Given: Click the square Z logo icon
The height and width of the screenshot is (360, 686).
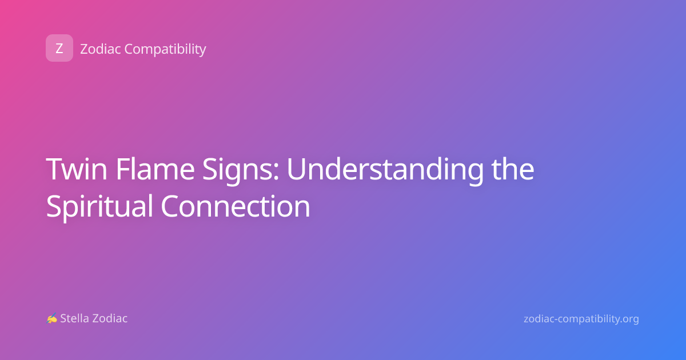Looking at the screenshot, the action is point(59,48).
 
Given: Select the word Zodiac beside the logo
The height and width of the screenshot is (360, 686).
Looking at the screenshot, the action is point(101,49).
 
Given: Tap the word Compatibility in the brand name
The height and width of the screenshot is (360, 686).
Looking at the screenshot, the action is point(165,50).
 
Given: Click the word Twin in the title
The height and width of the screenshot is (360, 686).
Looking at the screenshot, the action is point(77,169).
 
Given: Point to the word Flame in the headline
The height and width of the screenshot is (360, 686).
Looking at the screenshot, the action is point(155,169).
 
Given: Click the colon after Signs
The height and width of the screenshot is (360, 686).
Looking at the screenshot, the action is point(276,172).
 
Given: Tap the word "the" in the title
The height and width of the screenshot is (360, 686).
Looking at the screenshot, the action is point(513,169).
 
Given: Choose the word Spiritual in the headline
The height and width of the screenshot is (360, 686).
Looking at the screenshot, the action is point(99,207).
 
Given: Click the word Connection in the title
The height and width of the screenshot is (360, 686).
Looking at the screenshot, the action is point(236,206).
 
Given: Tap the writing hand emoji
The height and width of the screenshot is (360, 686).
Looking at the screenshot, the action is point(52,318).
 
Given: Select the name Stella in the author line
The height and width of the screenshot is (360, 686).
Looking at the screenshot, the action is point(75,318).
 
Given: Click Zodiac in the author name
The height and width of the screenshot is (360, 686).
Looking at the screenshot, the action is point(110,318).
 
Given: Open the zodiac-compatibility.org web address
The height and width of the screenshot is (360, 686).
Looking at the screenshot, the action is point(581,319).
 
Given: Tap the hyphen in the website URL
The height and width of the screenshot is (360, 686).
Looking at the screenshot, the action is point(556,319).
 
